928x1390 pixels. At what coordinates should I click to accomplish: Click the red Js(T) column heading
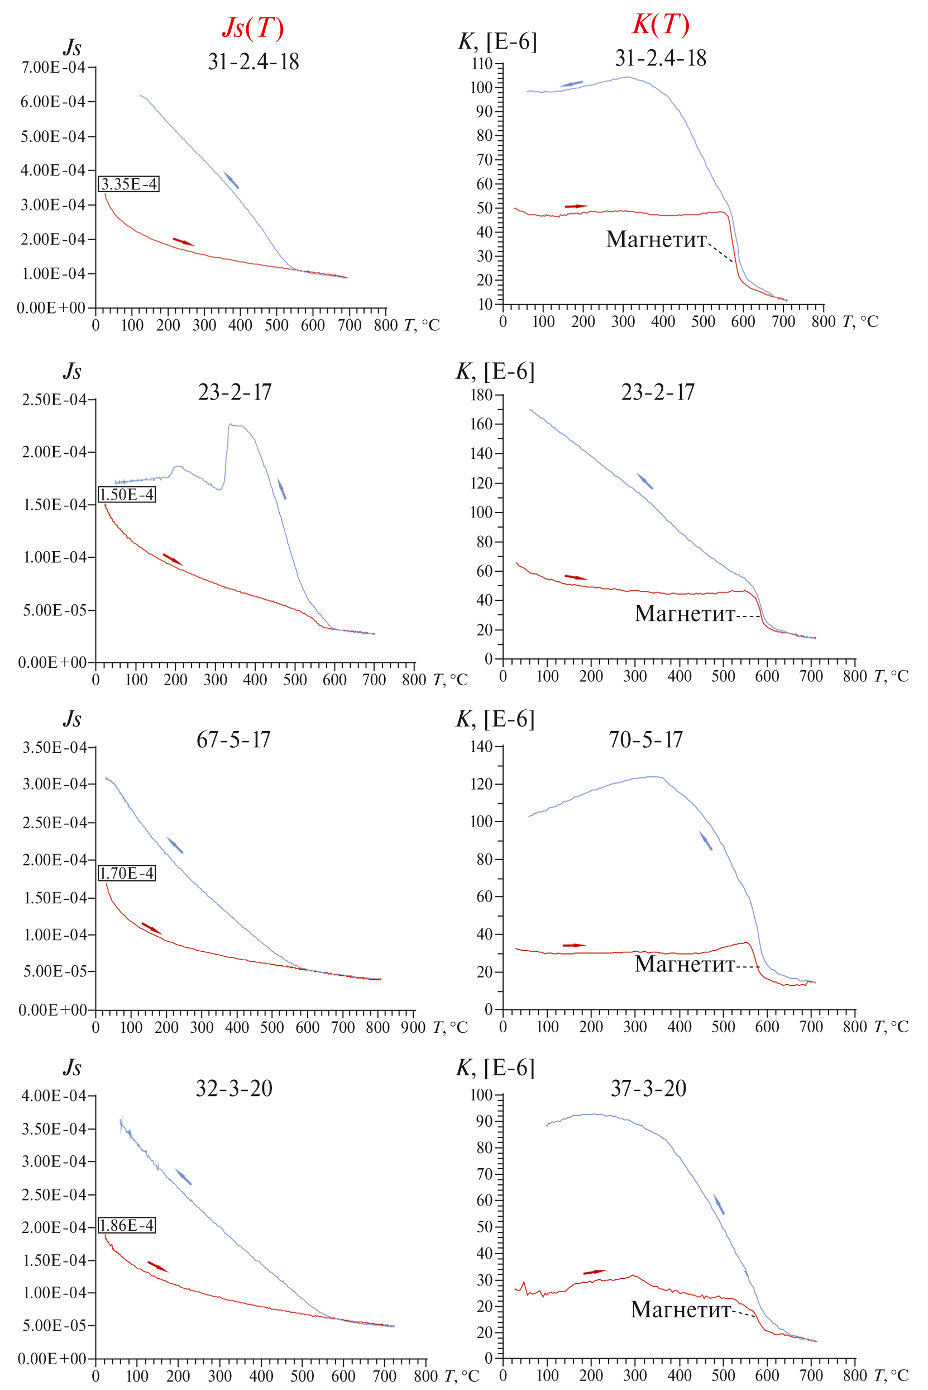click(253, 28)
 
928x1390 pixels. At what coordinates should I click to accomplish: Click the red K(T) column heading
click(661, 24)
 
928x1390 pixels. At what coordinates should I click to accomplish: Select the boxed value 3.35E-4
click(129, 184)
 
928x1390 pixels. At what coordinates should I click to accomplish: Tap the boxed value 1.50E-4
click(127, 495)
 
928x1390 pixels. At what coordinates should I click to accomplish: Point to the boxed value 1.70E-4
click(127, 873)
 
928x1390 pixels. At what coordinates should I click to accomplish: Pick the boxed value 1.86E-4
click(127, 1225)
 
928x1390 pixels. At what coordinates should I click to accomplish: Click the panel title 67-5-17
click(233, 740)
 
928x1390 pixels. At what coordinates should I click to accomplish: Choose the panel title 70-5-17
click(645, 740)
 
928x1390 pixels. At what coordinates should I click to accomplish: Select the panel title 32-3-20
click(234, 1089)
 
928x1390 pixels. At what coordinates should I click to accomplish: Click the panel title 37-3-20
click(648, 1089)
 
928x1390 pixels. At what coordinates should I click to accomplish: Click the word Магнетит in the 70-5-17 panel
click(684, 964)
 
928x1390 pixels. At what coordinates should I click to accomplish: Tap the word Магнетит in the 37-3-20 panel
click(680, 1310)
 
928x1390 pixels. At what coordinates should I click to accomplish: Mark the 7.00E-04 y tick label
click(53, 68)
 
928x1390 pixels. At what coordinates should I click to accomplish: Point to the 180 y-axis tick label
click(481, 395)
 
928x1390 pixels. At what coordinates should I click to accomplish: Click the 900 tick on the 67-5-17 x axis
click(413, 1027)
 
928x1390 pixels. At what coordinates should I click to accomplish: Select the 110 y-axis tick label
click(482, 63)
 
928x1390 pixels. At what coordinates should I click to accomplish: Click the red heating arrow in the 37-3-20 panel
click(594, 1272)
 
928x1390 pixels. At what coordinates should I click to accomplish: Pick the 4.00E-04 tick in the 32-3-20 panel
click(54, 1095)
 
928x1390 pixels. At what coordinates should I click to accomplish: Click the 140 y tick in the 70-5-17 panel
click(481, 746)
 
